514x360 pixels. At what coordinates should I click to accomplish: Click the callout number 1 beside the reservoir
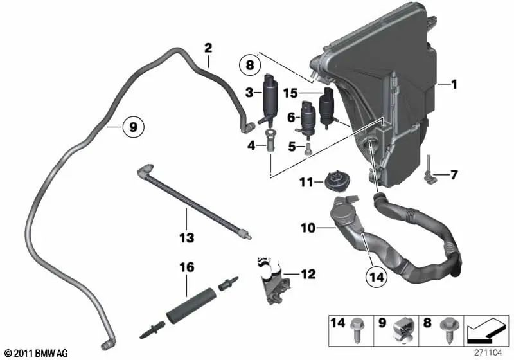tap(454, 84)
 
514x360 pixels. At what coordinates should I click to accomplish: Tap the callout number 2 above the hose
tap(208, 47)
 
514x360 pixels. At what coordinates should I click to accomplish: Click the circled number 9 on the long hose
tap(132, 127)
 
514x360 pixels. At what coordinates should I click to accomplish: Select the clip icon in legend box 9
tap(401, 328)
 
